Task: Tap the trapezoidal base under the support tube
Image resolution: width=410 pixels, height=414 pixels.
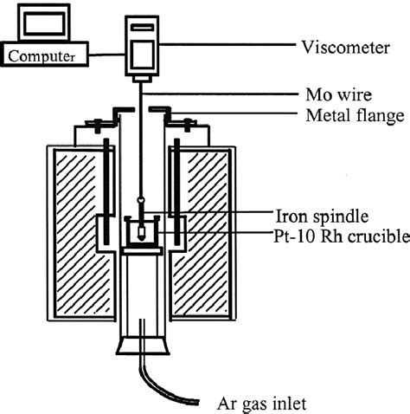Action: click(x=140, y=342)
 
